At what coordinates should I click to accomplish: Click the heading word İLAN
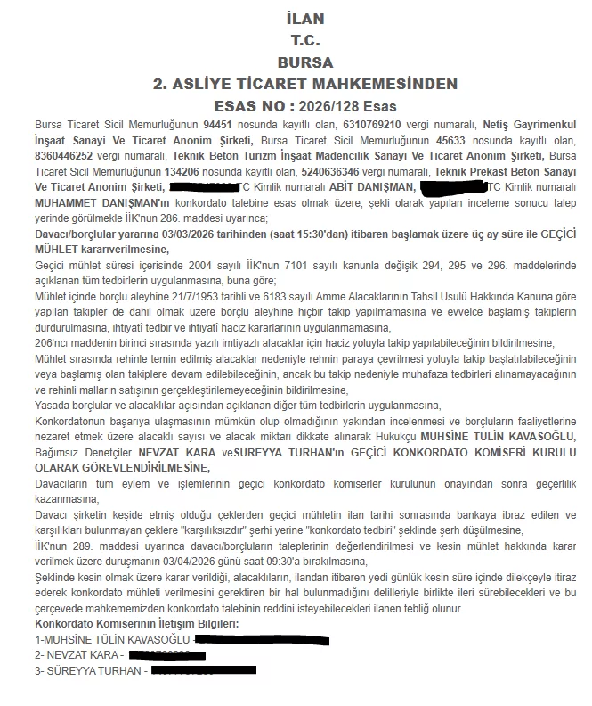tap(305, 19)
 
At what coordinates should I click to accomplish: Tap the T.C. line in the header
tap(305, 40)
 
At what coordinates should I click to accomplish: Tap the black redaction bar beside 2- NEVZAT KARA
tap(160, 654)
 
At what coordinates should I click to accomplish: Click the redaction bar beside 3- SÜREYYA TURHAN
tap(203, 670)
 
